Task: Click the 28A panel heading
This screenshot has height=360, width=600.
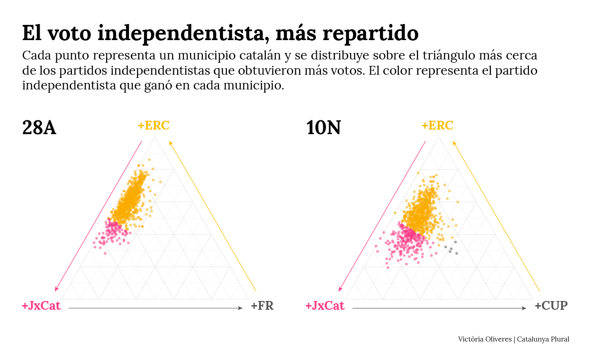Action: tap(39, 128)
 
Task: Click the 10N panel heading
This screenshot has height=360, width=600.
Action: tap(323, 128)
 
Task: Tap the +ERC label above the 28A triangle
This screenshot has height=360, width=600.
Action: tap(154, 125)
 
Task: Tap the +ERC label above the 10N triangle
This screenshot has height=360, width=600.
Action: tap(437, 125)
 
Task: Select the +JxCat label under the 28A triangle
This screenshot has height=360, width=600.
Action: tap(41, 306)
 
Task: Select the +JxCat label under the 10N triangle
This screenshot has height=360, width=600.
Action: tap(325, 306)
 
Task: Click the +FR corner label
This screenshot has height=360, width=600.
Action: tap(262, 306)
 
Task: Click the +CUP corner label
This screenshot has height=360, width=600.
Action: tap(551, 306)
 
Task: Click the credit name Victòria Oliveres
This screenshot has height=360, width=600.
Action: tap(485, 339)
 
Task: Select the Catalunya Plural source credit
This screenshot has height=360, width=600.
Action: tap(543, 339)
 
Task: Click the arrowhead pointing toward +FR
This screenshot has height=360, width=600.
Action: tap(241, 308)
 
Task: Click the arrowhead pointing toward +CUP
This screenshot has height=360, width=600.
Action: tap(524, 308)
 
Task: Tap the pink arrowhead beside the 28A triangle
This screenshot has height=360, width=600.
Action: tap(56, 289)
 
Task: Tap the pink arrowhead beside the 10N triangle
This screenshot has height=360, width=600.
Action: tap(340, 289)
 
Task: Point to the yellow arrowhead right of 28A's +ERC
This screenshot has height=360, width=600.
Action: tap(170, 142)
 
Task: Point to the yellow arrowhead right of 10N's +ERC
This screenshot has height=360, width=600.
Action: tap(454, 142)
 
